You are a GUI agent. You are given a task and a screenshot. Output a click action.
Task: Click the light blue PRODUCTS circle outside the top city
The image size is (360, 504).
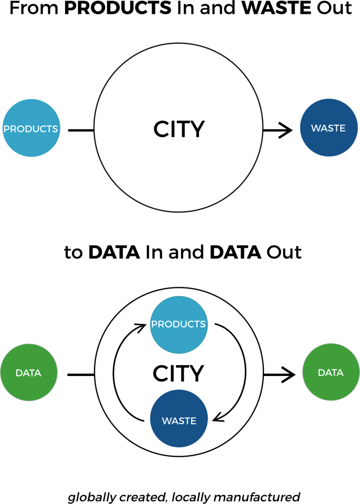pyautogui.click(x=31, y=129)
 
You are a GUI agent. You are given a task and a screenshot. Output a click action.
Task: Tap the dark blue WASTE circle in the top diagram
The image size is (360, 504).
pyautogui.click(x=328, y=128)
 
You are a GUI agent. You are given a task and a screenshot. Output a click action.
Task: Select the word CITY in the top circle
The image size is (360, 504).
pyautogui.click(x=179, y=129)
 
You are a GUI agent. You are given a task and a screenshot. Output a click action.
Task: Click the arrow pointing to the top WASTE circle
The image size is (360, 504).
pyautogui.click(x=279, y=130)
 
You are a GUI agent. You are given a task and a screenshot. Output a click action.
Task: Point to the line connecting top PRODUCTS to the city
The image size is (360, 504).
pyautogui.click(x=80, y=130)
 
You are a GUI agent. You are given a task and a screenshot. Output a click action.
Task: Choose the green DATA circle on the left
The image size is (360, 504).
pyautogui.click(x=29, y=373)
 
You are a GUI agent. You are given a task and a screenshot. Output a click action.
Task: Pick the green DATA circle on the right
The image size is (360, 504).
pyautogui.click(x=330, y=373)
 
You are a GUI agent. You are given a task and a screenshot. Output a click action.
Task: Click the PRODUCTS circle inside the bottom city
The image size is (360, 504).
pyautogui.click(x=178, y=324)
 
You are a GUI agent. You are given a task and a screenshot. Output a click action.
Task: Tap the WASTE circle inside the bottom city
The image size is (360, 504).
pyautogui.click(x=179, y=421)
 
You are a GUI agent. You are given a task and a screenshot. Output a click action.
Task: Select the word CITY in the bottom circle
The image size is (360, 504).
pyautogui.click(x=178, y=374)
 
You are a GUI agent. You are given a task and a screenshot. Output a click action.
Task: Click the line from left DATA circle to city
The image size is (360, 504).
pyautogui.click(x=80, y=375)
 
